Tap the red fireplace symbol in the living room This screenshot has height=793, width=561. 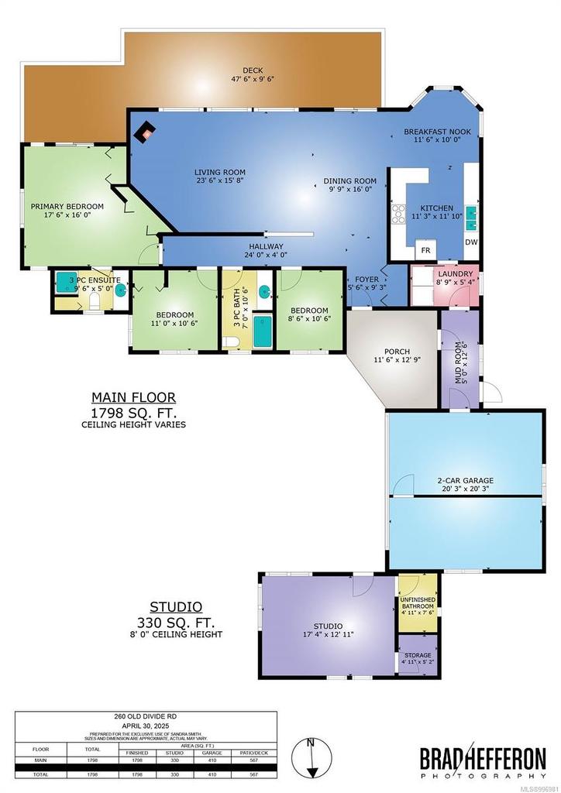coord(144,132)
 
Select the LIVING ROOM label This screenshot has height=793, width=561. coord(219,177)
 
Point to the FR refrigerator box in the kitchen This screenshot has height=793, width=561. coord(425,250)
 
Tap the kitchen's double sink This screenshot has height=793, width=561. coord(471,211)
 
